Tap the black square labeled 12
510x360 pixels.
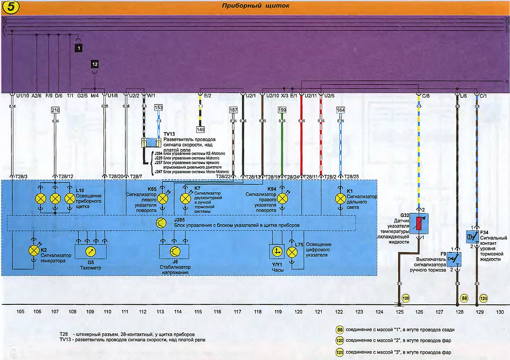(x=94, y=64)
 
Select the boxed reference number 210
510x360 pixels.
(x=55, y=110)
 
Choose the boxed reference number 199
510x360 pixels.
(x=282, y=110)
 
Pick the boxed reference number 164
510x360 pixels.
(x=340, y=110)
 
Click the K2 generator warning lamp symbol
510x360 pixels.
(x=34, y=250)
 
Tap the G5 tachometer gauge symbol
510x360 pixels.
(x=91, y=252)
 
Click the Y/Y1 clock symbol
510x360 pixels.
(x=278, y=252)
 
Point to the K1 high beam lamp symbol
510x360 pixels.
(x=340, y=198)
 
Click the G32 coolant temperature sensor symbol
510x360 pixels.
(x=419, y=223)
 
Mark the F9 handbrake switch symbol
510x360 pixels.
(x=457, y=258)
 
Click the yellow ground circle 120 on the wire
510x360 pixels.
(x=405, y=298)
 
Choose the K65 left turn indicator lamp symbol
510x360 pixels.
(x=162, y=198)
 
